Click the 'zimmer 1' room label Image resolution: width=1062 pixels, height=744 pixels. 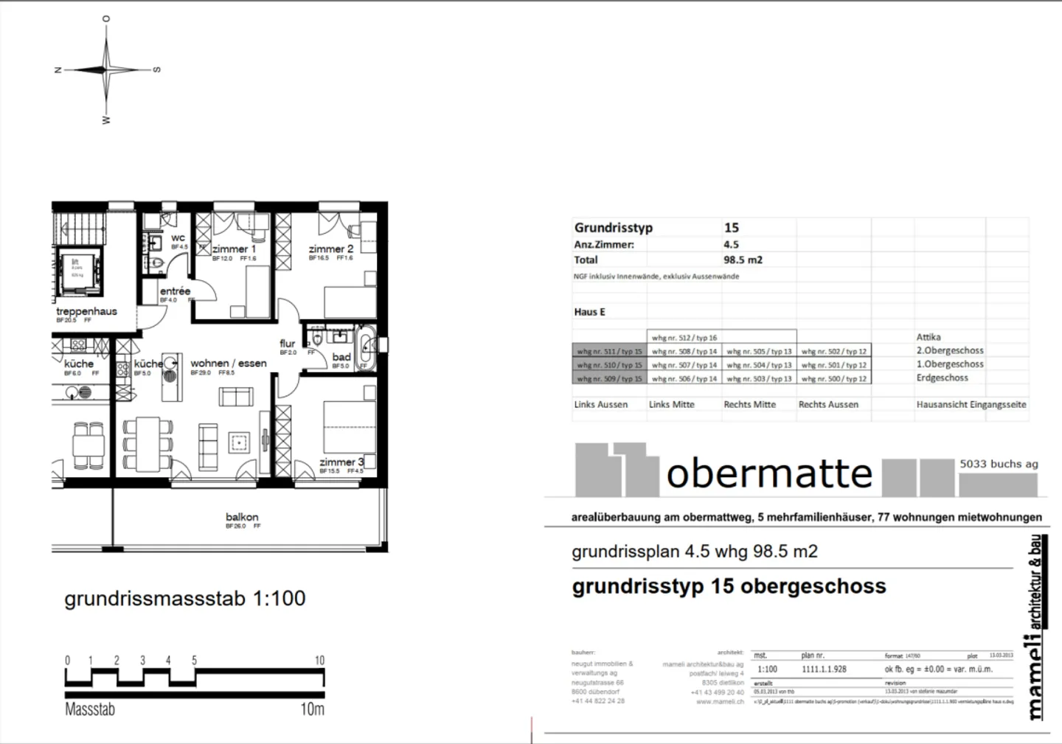click(x=234, y=249)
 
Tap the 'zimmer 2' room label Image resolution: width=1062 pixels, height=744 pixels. click(x=330, y=249)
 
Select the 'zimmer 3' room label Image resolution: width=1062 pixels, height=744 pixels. click(x=341, y=462)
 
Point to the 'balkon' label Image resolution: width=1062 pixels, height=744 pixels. click(x=242, y=518)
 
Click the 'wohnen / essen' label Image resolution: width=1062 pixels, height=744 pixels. click(x=229, y=364)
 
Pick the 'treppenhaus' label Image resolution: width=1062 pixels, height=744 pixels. click(x=86, y=311)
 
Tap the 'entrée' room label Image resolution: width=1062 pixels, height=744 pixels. click(x=175, y=291)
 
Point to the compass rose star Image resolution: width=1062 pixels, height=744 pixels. click(x=107, y=70)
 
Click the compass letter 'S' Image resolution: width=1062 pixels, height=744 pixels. click(x=156, y=70)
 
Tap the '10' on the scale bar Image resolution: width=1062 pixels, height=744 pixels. click(x=319, y=661)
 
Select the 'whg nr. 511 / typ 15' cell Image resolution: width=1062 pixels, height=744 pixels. click(x=609, y=352)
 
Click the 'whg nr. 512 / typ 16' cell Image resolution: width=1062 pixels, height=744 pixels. click(x=684, y=338)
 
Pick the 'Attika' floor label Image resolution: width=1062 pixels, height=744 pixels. click(x=929, y=337)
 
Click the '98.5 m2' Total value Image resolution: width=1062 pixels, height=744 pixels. click(x=743, y=260)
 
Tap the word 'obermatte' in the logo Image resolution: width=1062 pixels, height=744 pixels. click(x=769, y=473)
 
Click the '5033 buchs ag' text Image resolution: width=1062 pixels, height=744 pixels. click(x=999, y=465)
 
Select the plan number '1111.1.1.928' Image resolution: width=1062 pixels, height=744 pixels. click(x=824, y=670)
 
